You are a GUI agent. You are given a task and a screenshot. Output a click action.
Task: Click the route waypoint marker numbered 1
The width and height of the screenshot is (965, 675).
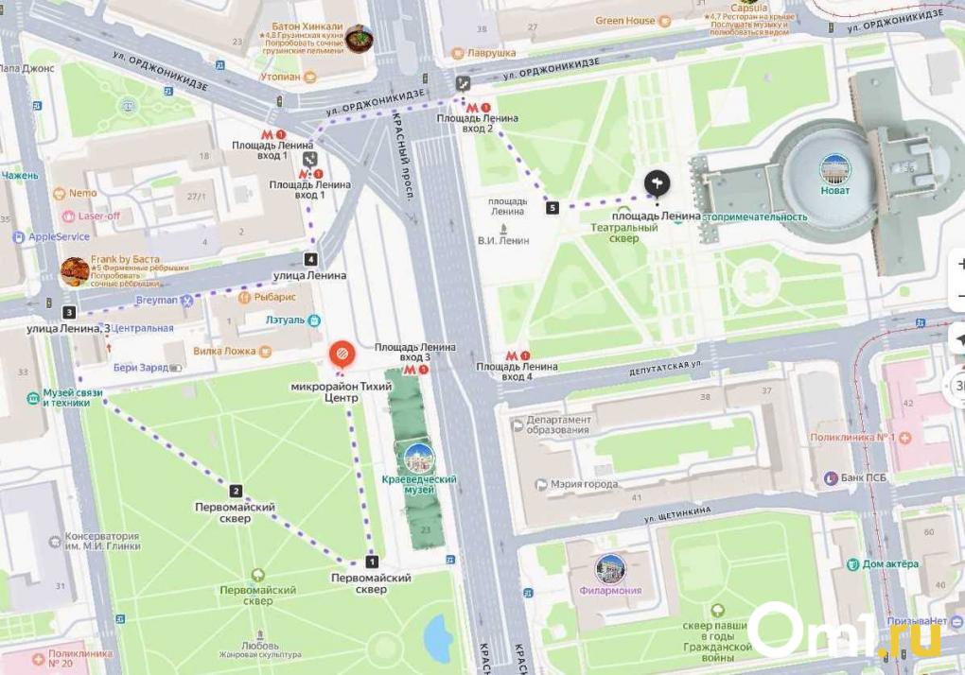[372, 562]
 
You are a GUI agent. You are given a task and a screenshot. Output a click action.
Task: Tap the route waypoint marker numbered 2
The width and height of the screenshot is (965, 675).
[236, 491]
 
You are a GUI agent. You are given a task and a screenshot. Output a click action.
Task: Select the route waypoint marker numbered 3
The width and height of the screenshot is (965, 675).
[69, 312]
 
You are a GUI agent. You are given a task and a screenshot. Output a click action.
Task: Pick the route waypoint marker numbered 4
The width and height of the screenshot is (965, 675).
[310, 259]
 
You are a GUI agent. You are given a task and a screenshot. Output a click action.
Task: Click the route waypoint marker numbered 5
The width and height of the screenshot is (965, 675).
[553, 207]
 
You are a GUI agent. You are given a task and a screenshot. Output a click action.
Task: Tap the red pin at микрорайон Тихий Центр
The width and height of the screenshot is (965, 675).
[342, 355]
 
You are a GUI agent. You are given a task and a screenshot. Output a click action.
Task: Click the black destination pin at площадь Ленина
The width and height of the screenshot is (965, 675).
[657, 182]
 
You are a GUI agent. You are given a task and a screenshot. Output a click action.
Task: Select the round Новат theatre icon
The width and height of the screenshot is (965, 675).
[834, 169]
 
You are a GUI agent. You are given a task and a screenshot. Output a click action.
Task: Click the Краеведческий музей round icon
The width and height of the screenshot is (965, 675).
[418, 459]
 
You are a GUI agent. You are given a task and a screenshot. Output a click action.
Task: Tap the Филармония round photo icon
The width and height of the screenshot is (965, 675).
[610, 569]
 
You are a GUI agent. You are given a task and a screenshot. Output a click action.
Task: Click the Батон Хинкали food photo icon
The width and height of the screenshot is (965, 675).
[359, 39]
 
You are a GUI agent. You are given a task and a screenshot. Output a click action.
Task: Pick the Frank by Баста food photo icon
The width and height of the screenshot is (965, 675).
[75, 271]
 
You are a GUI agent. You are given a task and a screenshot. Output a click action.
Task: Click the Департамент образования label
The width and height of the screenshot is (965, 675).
[558, 425]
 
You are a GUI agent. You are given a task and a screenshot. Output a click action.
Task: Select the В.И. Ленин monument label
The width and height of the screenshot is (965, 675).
[502, 240]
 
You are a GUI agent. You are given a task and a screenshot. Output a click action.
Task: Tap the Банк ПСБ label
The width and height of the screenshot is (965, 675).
[862, 477]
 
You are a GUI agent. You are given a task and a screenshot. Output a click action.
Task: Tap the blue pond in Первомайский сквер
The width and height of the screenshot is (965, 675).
[438, 637]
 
